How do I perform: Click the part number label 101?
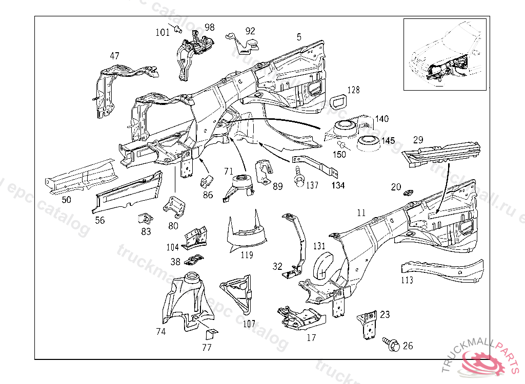(x=163, y=32)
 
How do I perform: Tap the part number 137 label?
(x=312, y=185)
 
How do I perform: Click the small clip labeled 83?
(x=146, y=218)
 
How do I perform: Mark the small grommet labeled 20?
(x=409, y=193)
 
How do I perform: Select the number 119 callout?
(x=247, y=253)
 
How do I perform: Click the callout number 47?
(x=114, y=56)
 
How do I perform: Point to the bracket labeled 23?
(x=368, y=324)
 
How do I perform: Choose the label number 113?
(x=407, y=280)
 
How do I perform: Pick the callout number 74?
(x=161, y=331)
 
